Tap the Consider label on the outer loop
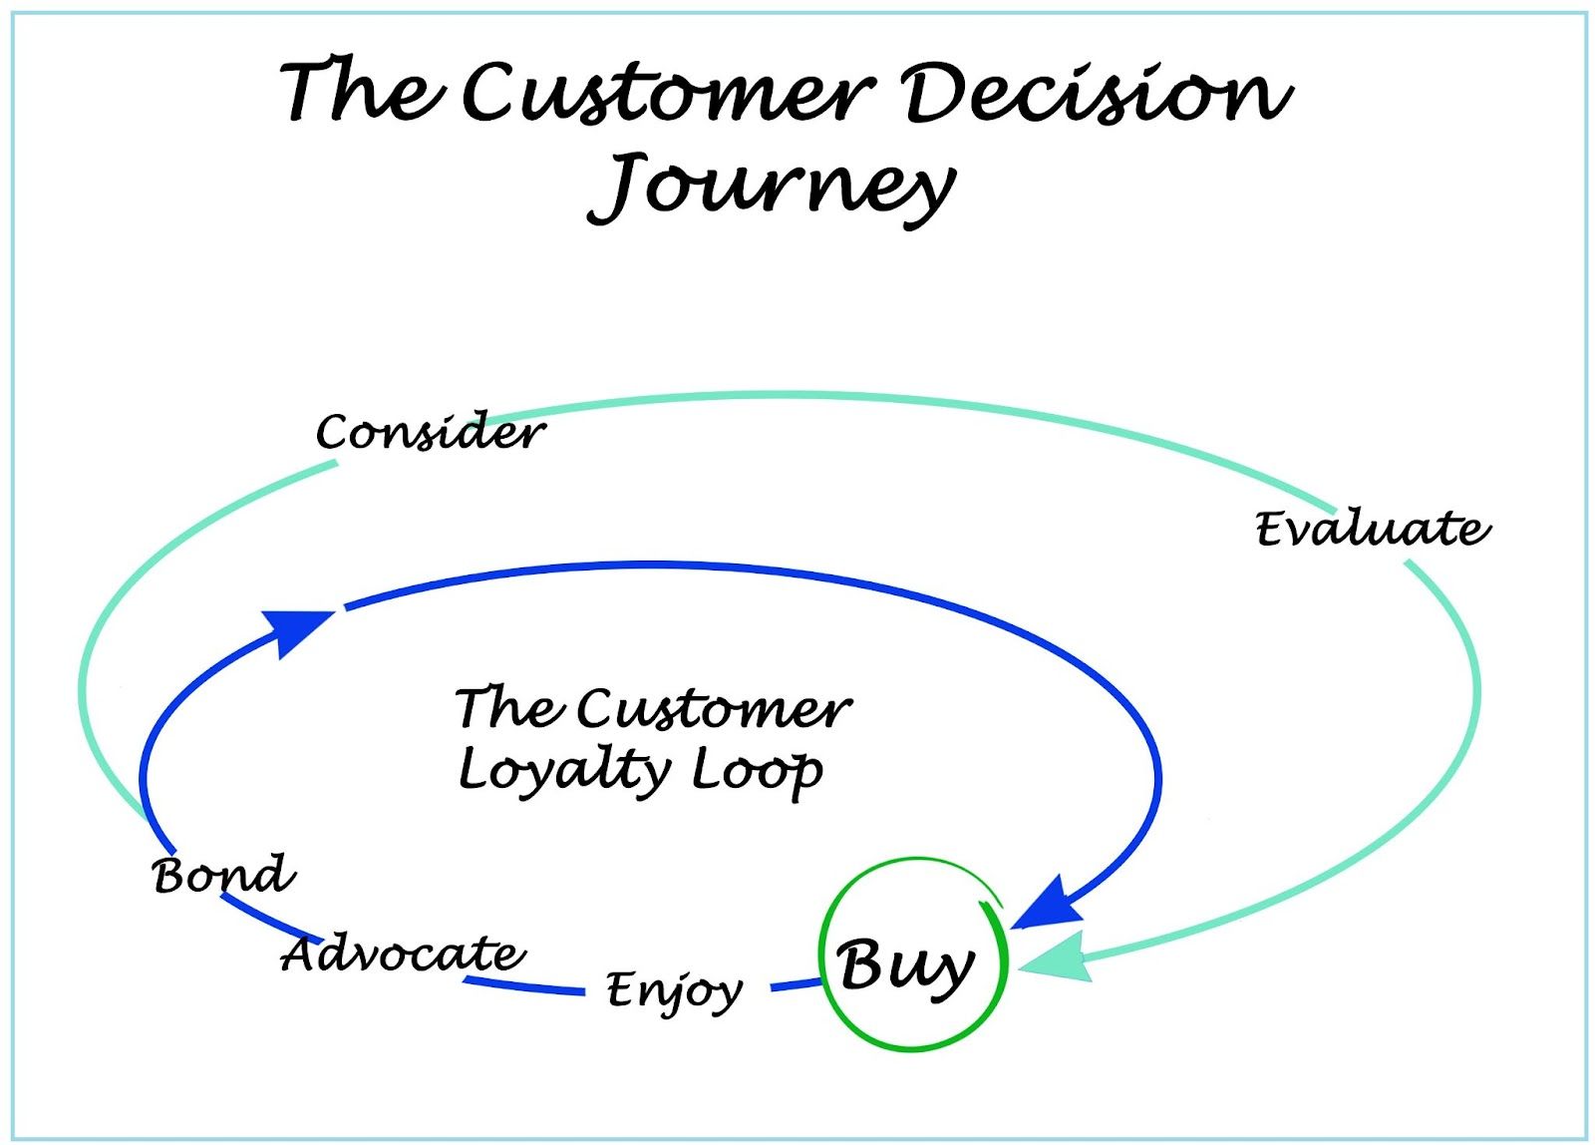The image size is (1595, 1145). [x=431, y=433]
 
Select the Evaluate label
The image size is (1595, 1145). [x=1372, y=529]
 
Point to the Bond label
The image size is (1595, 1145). [x=224, y=875]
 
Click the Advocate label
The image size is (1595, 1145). [x=403, y=954]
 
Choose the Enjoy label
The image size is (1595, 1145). [x=674, y=990]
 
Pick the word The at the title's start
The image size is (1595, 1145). [x=359, y=93]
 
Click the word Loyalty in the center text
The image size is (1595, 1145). [x=564, y=770]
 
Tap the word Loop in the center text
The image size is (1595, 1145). [x=758, y=770]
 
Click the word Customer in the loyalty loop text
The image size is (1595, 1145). [x=714, y=709]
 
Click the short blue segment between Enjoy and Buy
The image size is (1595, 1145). [x=796, y=985]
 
